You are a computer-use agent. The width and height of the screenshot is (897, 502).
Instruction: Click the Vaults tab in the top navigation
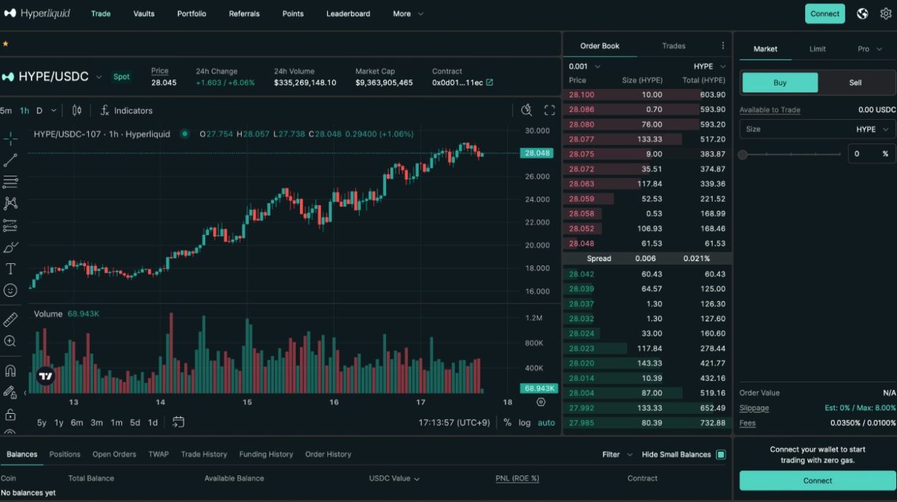coord(144,14)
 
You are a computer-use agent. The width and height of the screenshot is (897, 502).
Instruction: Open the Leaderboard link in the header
coord(348,14)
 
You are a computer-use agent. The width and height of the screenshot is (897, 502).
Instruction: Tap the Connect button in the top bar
coord(825,14)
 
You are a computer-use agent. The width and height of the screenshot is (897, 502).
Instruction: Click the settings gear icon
coord(886,14)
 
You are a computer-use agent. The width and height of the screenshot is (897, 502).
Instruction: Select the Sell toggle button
coord(855,82)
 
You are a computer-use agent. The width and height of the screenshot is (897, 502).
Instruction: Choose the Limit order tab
coord(817,49)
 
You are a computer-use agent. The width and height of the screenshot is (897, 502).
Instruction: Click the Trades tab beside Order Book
coord(673,46)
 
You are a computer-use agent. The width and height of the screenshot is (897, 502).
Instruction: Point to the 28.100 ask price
coord(581,95)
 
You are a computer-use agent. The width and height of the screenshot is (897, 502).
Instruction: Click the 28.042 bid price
coord(581,274)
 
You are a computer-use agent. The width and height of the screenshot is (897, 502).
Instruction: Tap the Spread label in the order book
coord(599,258)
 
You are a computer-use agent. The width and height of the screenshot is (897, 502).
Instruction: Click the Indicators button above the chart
coord(126,110)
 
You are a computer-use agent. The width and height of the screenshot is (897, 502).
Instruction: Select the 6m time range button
coord(77,422)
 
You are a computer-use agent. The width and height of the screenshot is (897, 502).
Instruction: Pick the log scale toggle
coord(525,422)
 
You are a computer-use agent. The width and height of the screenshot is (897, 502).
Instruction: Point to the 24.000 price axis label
coord(537,199)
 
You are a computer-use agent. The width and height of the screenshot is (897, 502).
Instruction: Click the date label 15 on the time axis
coord(247,402)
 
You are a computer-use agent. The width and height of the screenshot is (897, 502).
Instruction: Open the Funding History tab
coord(266,454)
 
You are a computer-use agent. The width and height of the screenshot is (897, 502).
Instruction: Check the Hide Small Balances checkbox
coord(720,454)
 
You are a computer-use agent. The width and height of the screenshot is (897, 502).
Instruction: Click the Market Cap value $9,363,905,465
coord(384,82)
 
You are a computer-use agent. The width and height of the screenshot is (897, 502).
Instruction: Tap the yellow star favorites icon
coord(5,44)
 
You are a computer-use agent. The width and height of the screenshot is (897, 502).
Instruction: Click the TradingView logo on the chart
coord(46,376)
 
